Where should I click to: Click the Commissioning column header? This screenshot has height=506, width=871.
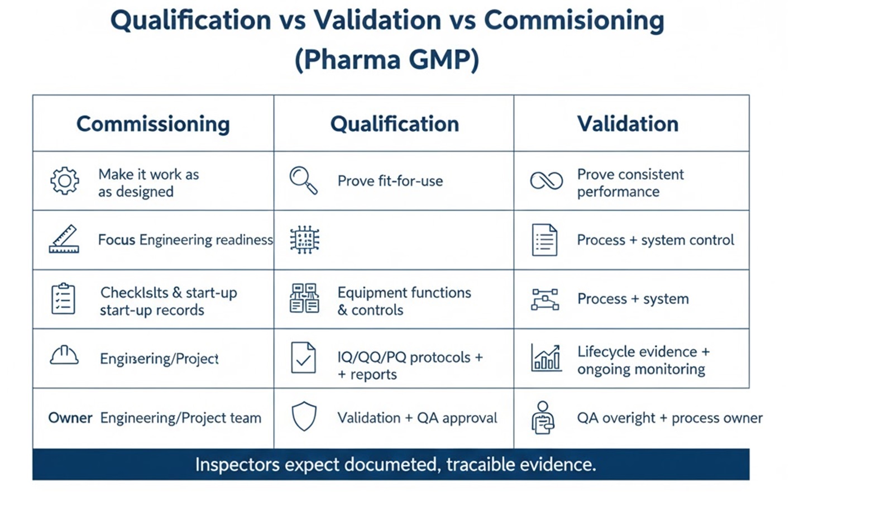153,124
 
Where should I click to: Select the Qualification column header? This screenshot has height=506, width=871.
395,124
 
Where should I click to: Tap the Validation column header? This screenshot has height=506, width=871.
628,123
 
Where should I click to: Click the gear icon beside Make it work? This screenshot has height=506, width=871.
65,181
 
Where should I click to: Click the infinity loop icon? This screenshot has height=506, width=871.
546,181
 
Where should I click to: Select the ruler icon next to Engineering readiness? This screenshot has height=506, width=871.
64,239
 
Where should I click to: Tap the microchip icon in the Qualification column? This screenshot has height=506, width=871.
305,240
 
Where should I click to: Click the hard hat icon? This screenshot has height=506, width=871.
64,355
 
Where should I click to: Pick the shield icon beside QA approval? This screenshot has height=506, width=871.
304,417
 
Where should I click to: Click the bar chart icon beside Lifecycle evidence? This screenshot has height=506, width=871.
546,358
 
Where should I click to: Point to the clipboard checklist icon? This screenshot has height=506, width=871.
63,299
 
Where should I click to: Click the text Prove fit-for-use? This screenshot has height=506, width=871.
390,181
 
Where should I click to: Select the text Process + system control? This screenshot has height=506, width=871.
655,240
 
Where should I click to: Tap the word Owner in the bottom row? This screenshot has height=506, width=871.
70,418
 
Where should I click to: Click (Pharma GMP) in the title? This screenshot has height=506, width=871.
387,60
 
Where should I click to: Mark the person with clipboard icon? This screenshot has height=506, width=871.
543,418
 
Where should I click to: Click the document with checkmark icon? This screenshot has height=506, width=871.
303,358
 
